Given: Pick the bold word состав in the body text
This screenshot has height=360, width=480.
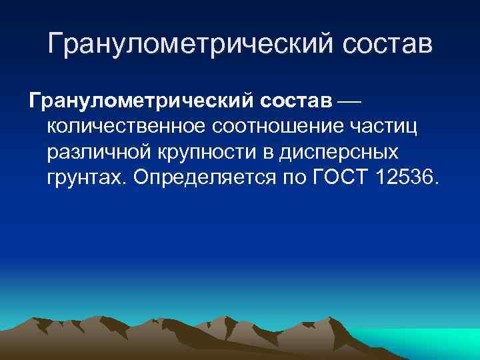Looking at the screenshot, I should [x=294, y=101].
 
